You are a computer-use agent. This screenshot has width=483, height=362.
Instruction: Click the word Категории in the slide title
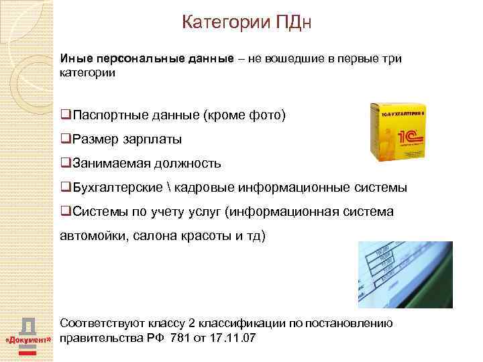pyautogui.click(x=225, y=23)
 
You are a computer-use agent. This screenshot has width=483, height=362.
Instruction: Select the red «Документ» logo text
pyautogui.click(x=28, y=340)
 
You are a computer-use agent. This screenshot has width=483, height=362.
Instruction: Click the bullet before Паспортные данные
pyautogui.click(x=64, y=115)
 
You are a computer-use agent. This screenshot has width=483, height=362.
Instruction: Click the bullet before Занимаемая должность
pyautogui.click(x=64, y=163)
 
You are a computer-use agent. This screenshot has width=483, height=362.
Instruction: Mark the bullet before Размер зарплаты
pyautogui.click(x=64, y=139)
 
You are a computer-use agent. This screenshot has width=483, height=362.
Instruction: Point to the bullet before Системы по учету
pyautogui.click(x=64, y=211)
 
